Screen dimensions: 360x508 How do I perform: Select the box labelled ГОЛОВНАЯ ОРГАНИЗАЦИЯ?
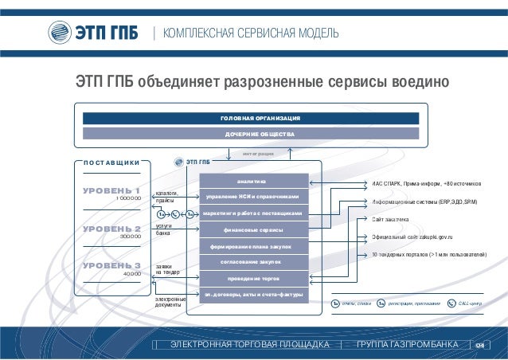tap(260, 118)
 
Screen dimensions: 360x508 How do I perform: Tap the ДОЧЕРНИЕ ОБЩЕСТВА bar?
tap(260, 134)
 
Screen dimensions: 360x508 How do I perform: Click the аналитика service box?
tap(252, 180)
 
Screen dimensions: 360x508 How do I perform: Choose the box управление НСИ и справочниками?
tap(252, 196)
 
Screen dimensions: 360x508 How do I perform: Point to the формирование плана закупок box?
tap(252, 246)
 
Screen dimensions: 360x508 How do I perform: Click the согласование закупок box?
tap(252, 261)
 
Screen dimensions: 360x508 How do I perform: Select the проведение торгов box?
tap(252, 278)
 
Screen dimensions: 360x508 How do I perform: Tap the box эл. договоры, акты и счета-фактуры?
tap(252, 295)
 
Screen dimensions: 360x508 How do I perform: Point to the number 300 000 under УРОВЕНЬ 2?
tap(130, 237)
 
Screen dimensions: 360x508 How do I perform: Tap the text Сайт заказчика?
tap(390, 219)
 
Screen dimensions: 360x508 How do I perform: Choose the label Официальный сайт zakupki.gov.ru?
tap(412, 237)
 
